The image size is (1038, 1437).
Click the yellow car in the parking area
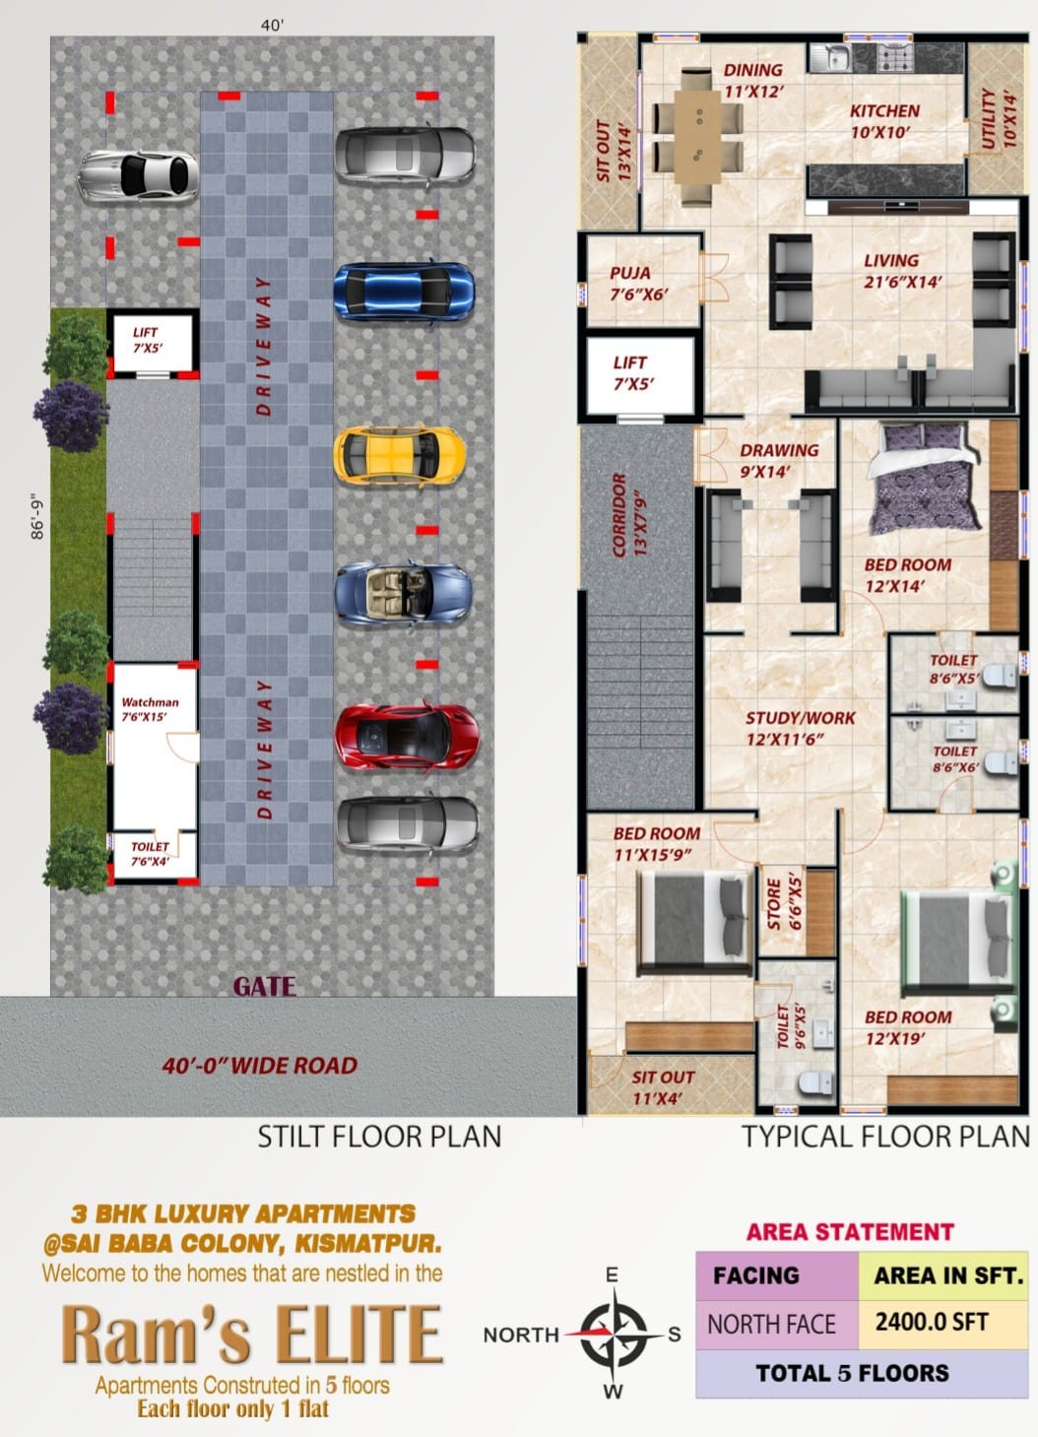tap(400, 454)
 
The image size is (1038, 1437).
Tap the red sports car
tap(407, 737)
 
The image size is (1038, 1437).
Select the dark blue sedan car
tap(404, 291)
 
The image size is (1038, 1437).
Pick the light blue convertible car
tap(404, 593)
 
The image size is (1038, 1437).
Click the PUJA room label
tap(638, 284)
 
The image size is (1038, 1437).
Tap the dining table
tap(697, 137)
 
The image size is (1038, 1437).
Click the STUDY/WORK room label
tap(800, 728)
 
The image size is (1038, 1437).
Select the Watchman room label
tap(150, 709)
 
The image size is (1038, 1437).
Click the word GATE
tap(264, 986)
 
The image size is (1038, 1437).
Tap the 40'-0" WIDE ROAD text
tap(259, 1066)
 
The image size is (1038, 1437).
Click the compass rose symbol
tap(614, 1334)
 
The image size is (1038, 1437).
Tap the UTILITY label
tap(999, 119)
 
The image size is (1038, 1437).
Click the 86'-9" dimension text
tap(37, 516)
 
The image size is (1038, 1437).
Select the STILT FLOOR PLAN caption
tap(379, 1137)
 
